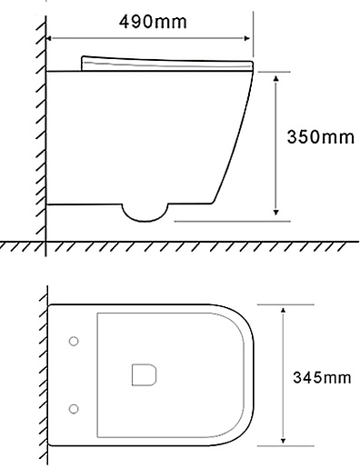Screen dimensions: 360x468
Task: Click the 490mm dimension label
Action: pos(153,22)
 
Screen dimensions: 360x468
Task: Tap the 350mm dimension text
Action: pos(320,136)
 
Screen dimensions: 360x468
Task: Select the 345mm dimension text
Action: pos(322,377)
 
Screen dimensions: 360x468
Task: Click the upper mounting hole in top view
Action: pos(74,341)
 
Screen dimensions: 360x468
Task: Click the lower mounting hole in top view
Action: pos(74,409)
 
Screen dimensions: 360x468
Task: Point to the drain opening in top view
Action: pos(144,374)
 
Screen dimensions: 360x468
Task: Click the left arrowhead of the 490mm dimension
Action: pos(48,38)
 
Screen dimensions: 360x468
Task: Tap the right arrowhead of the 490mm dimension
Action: pos(247,38)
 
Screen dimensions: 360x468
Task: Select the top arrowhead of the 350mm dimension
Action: pos(275,79)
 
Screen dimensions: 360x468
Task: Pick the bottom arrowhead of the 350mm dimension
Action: pos(275,212)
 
